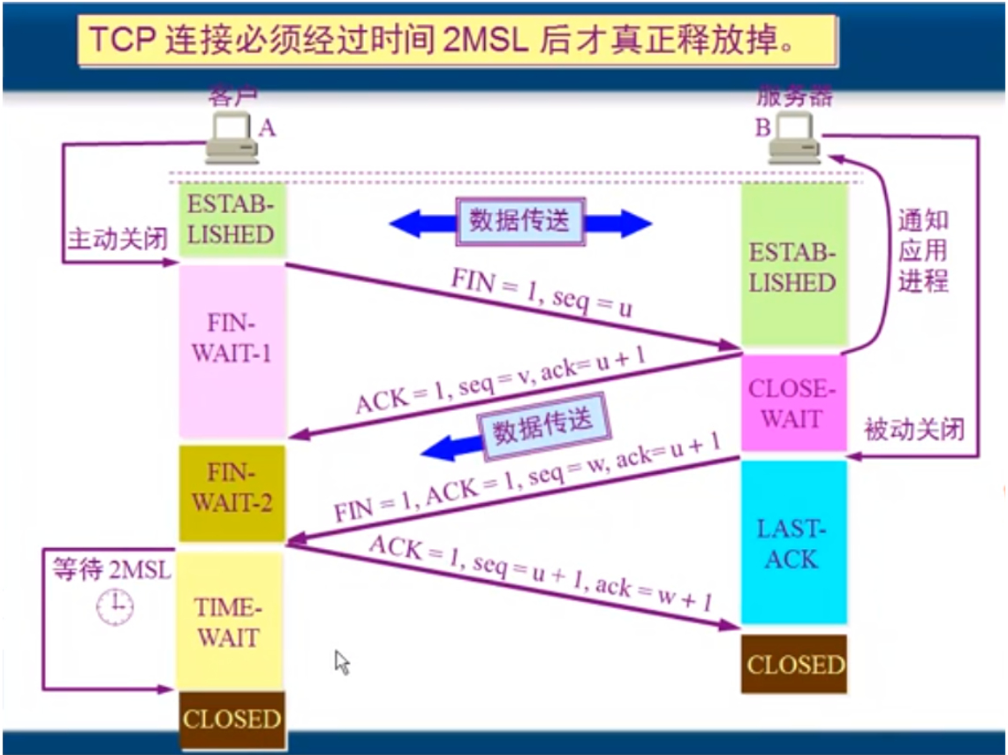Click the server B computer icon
click(x=794, y=140)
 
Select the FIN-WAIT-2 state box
click(x=232, y=492)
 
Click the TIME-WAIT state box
click(x=228, y=622)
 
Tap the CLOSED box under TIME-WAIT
click(x=232, y=718)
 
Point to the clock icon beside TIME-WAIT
click(x=115, y=607)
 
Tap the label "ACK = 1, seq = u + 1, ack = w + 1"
click(x=540, y=574)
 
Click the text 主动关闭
click(x=117, y=240)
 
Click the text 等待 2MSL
click(x=111, y=568)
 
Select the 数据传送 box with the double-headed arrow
click(x=519, y=221)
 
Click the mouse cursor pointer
click(x=341, y=660)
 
